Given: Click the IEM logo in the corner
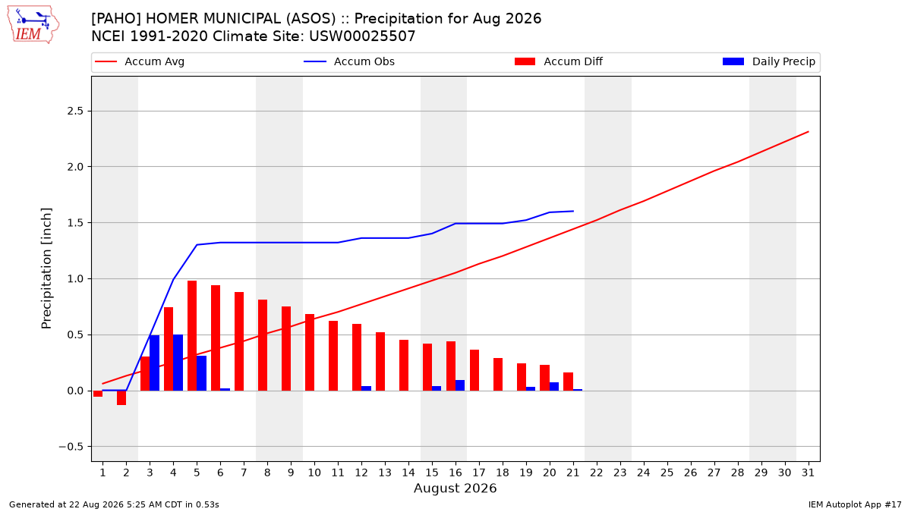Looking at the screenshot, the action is pyautogui.click(x=33, y=25).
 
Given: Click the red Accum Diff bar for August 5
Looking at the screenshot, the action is pyautogui.click(x=192, y=335).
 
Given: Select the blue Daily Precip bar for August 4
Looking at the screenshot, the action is pyautogui.click(x=178, y=363).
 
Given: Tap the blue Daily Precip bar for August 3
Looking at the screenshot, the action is pyautogui.click(x=155, y=363).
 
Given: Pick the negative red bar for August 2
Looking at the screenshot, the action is pyautogui.click(x=121, y=397).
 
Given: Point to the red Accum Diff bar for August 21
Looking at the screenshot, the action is pyautogui.click(x=568, y=382).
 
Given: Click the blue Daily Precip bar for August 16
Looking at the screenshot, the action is pyautogui.click(x=460, y=385).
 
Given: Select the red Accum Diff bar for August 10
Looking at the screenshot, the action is pyautogui.click(x=310, y=352).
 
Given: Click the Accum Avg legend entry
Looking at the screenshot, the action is pyautogui.click(x=140, y=61).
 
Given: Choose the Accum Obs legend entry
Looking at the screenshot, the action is pyautogui.click(x=349, y=61).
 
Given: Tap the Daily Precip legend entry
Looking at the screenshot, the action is pyautogui.click(x=769, y=61).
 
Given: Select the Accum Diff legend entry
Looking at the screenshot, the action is pyautogui.click(x=559, y=61).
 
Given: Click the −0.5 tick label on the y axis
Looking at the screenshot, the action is pyautogui.click(x=71, y=447).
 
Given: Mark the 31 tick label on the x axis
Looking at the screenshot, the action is pyautogui.click(x=808, y=473).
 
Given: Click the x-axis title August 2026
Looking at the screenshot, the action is pyautogui.click(x=455, y=488).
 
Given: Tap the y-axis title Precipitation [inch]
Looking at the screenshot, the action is pyautogui.click(x=46, y=269).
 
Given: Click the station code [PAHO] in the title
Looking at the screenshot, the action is pyautogui.click(x=116, y=19).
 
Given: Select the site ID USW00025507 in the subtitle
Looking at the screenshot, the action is pyautogui.click(x=362, y=36).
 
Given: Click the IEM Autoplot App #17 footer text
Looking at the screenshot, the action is pyautogui.click(x=855, y=504).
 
